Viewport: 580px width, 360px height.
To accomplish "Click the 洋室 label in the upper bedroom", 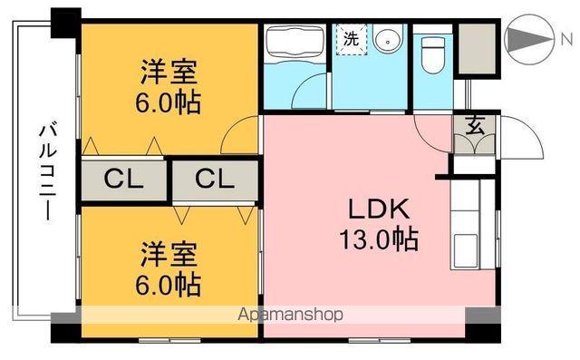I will click(x=169, y=71).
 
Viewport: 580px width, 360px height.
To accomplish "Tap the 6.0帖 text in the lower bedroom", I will click(x=169, y=284).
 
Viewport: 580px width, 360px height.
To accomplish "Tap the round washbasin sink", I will click(x=388, y=41).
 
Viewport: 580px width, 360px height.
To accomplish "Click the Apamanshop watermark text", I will click(x=290, y=316).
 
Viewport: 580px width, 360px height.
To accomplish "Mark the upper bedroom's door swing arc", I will click(x=239, y=137).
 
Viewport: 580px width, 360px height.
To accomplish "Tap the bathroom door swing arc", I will click(x=313, y=91).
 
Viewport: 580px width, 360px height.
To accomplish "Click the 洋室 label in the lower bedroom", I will click(x=169, y=251).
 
